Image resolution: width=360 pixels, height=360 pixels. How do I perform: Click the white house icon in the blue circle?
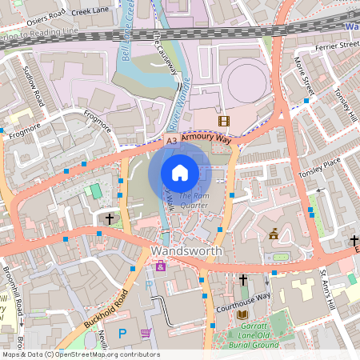(180, 172)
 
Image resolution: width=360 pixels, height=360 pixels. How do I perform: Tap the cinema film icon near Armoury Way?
(223, 122)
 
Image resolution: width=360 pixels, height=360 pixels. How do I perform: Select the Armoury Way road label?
(206, 138)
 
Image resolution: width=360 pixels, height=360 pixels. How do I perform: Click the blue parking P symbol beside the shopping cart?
(122, 333)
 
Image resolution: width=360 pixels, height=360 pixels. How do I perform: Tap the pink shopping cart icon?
(145, 333)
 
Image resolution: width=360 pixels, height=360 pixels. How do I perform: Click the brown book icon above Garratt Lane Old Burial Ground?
(242, 314)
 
